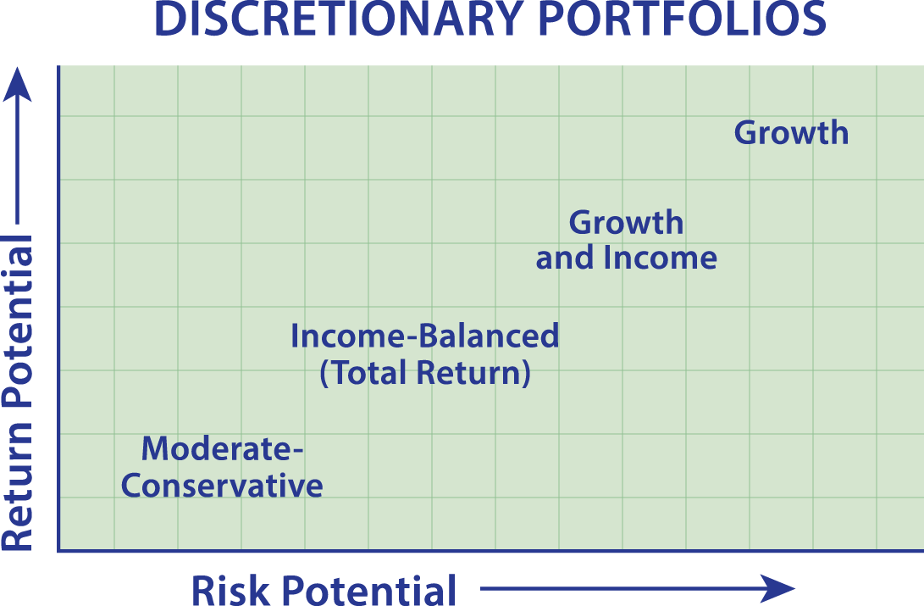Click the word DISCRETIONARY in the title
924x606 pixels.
point(338,19)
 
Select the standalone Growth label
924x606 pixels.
point(791,132)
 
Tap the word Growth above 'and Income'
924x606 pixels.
point(627,223)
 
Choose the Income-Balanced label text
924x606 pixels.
point(425,336)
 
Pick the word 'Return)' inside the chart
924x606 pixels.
point(473,373)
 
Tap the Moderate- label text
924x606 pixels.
point(222,448)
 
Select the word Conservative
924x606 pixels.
point(222,486)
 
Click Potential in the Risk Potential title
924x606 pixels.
point(368,590)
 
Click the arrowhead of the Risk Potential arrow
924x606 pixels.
point(777,588)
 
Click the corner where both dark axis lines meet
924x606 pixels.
point(59,551)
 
